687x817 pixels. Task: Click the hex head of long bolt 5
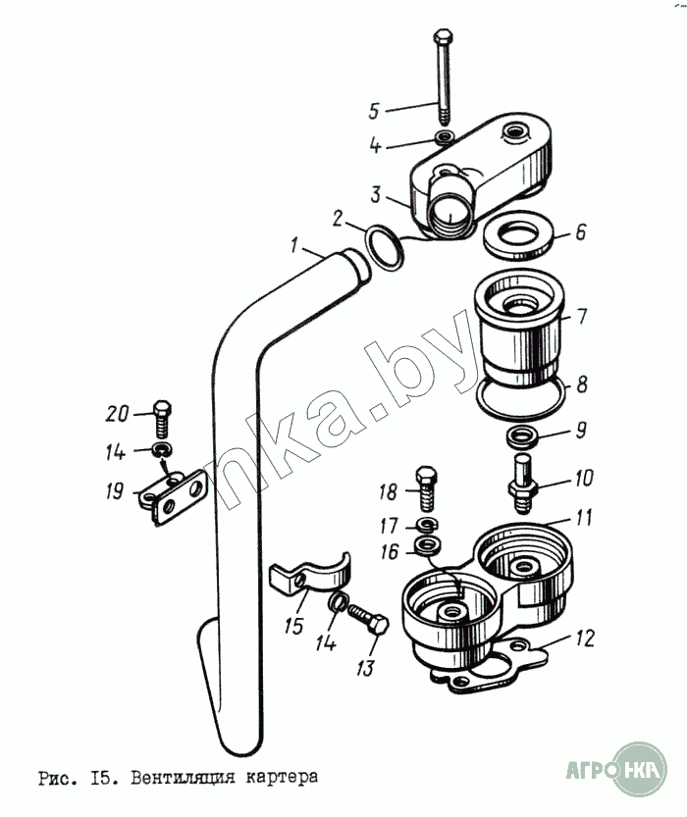(x=440, y=40)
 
